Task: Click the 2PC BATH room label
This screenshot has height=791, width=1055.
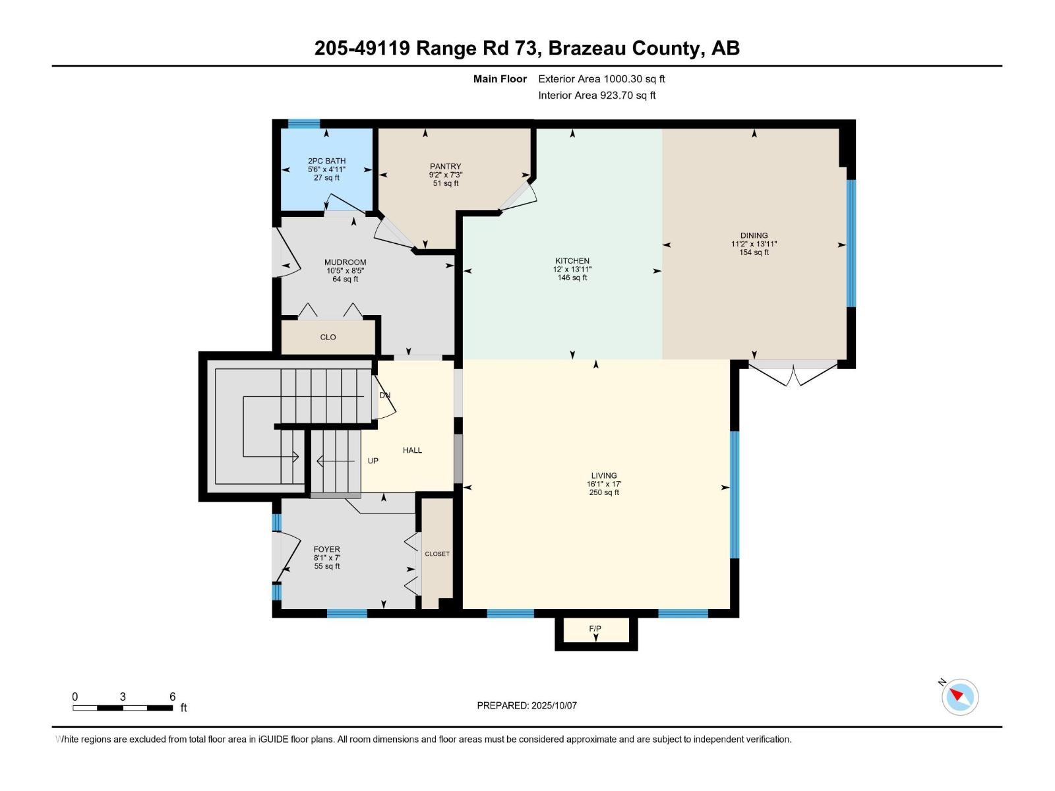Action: coord(326,161)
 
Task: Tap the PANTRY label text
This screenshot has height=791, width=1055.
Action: coord(445,166)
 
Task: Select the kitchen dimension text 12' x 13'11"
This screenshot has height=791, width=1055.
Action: coord(572,270)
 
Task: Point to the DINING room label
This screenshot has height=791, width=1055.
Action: coord(754,235)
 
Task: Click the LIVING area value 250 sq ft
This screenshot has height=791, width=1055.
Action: coord(603,492)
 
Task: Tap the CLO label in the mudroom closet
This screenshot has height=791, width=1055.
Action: coord(328,337)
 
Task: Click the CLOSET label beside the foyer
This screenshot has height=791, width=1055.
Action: coord(437,554)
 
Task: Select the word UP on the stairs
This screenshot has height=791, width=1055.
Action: coord(373,461)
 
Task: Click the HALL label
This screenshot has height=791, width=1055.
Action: coord(412,450)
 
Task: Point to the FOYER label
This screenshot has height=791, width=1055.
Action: coord(326,549)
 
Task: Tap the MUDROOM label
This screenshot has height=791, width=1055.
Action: coord(345,262)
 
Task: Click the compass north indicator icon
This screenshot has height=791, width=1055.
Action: coord(959,696)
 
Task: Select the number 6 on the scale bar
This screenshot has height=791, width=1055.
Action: coord(173,697)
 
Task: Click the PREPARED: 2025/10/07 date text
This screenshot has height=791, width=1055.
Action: coord(527,705)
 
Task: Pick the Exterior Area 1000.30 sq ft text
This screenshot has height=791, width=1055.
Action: coord(601,78)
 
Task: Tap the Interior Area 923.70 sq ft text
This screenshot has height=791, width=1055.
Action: coord(597,95)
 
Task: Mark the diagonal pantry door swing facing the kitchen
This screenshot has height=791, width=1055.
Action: coord(518,197)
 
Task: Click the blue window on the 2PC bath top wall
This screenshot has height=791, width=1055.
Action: coord(304,123)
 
